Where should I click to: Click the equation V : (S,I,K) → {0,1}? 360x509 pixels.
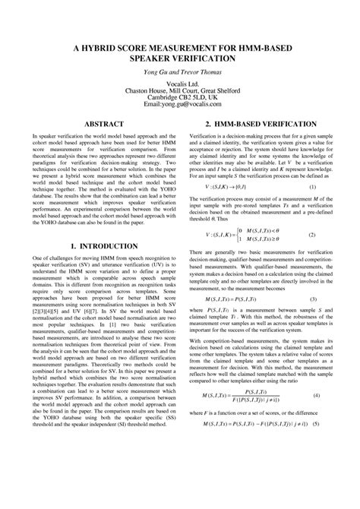point(229,186)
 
